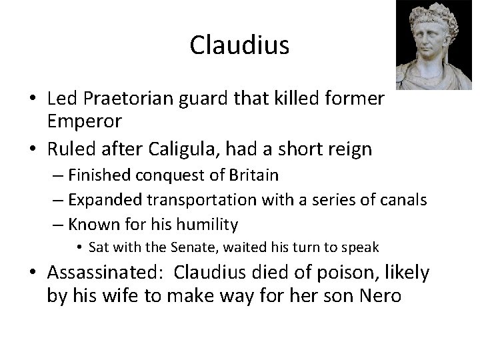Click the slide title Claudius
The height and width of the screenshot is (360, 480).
239,45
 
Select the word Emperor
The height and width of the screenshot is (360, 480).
84,121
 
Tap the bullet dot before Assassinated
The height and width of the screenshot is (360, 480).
31,273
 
